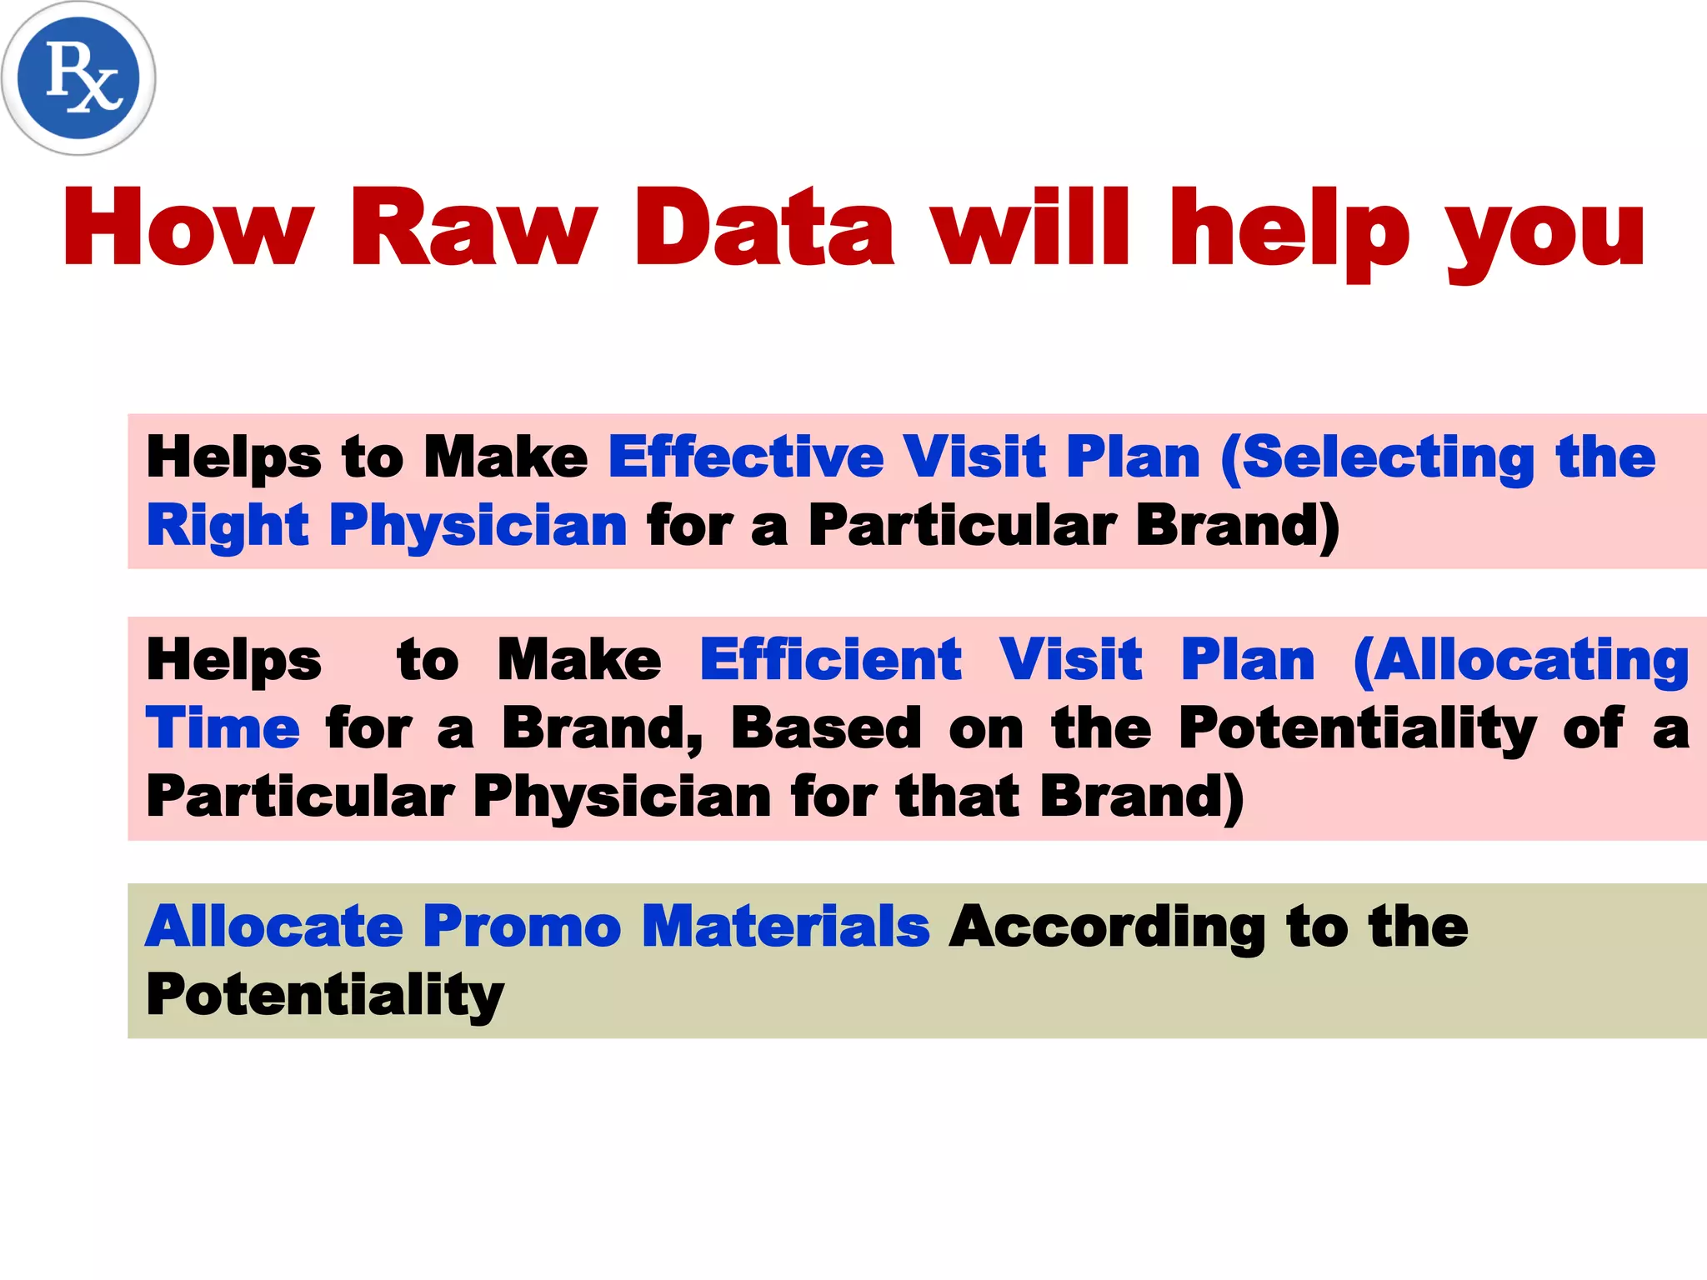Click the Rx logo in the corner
[x=78, y=78]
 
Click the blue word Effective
[x=746, y=457]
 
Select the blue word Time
[x=223, y=728]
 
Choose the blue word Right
[x=228, y=527]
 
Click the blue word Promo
[x=522, y=927]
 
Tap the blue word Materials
[x=786, y=927]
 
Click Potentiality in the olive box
[x=325, y=997]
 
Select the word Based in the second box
[x=826, y=728]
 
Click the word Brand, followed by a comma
[x=603, y=728]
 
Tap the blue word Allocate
[x=274, y=927]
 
